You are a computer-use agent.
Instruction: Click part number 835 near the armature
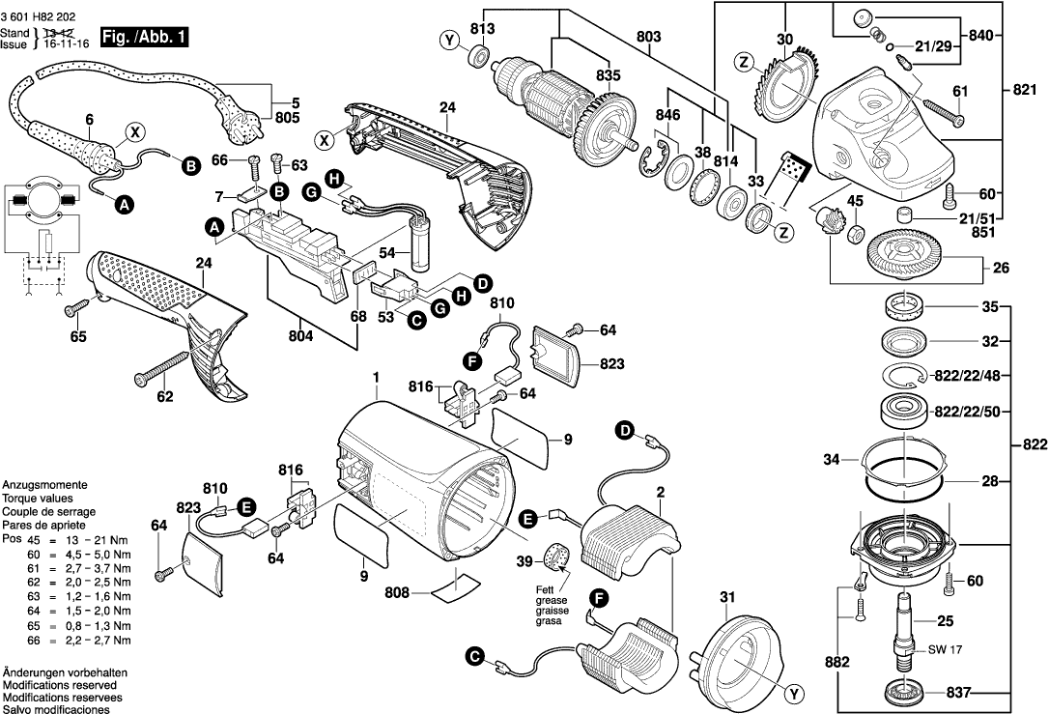[x=609, y=75]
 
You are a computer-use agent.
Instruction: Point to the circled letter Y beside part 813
[x=448, y=40]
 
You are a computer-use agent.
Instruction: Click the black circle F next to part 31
[x=600, y=600]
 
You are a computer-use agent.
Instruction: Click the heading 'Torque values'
[x=34, y=498]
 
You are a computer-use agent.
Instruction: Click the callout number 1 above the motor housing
[x=376, y=376]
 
